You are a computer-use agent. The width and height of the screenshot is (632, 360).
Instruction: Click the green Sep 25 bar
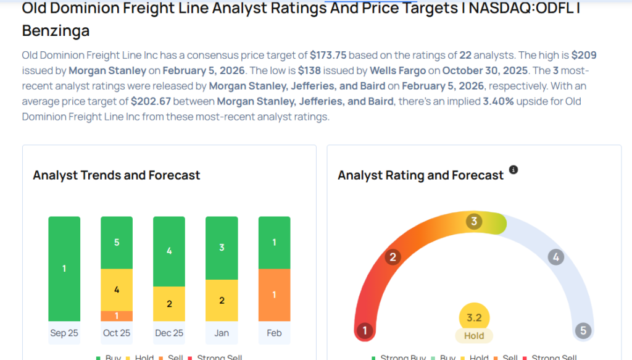pos(64,269)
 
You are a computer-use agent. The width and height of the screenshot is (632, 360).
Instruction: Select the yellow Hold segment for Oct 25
pos(117,290)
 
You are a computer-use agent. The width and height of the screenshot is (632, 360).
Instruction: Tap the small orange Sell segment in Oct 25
pos(117,316)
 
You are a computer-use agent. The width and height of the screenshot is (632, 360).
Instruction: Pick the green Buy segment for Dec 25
pos(169,251)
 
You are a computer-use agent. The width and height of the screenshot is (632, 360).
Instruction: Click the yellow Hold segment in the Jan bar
pos(222,300)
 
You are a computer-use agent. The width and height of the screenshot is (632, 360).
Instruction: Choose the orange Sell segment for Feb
pos(274,295)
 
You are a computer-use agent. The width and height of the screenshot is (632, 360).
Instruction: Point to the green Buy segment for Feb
pos(274,242)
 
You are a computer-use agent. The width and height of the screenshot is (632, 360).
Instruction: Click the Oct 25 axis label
pos(117,333)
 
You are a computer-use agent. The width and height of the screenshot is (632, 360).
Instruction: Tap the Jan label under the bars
pos(222,333)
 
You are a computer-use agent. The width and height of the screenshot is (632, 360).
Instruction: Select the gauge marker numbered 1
pos(365,330)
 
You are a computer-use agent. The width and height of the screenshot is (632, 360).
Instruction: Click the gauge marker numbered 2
pos(392,257)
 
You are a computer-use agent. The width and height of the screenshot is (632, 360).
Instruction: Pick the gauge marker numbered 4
pos(555,257)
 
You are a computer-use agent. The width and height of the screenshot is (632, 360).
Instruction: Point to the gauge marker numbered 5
pos(583,330)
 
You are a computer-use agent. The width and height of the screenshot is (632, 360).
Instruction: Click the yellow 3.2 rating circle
pos(474,318)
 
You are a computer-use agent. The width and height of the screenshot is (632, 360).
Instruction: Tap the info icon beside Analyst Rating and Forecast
pos(513,170)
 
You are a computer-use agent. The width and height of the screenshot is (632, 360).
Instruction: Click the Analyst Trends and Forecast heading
pos(117,175)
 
